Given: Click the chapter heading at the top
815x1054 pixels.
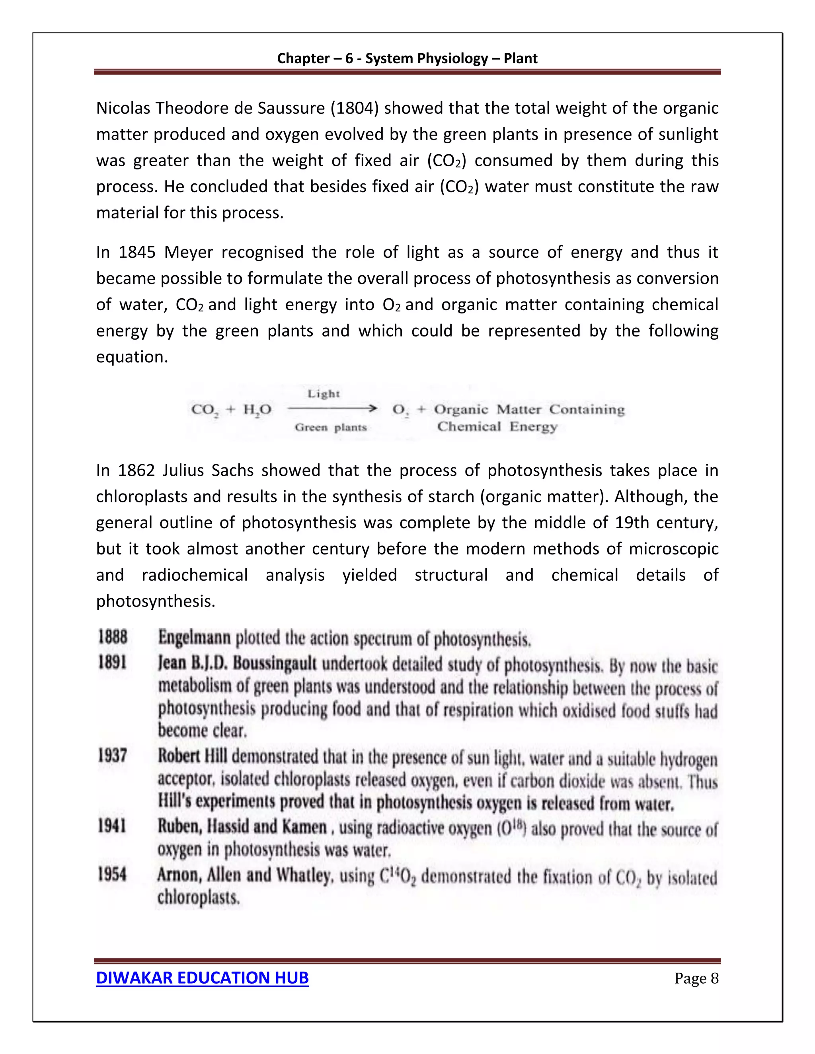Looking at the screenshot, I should click(407, 58).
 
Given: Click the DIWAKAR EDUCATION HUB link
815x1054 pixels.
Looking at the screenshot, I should click(202, 977).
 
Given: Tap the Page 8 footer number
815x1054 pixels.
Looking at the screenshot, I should click(696, 978).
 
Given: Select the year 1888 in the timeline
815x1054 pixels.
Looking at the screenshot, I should click(113, 637).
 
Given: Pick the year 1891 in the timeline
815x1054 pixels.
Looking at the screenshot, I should click(113, 662).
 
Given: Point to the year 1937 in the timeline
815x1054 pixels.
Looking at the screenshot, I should click(113, 755).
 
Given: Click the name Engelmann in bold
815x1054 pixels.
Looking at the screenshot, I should click(195, 638).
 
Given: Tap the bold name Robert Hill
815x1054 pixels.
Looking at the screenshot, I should click(192, 756).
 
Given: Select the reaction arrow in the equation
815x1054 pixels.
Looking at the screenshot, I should click(332, 409).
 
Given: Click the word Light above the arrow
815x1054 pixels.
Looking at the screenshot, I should click(324, 394).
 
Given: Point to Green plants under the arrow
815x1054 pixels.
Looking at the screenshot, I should click(331, 427).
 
